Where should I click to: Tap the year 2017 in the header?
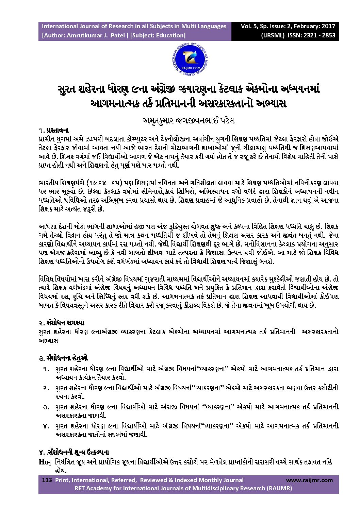[328, 26]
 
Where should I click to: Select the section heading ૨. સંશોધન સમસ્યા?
[61, 322]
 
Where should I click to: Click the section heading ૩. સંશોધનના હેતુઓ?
[63, 358]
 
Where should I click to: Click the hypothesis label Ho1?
[45, 462]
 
